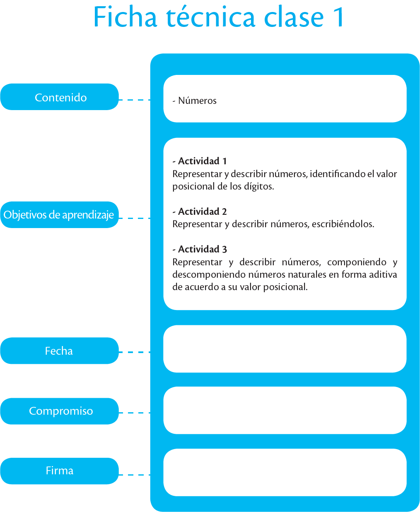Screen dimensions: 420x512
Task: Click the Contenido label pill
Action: [60, 97]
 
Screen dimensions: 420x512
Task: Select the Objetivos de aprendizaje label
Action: [60, 214]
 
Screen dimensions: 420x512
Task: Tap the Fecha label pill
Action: [60, 351]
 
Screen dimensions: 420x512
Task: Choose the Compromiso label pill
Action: [60, 411]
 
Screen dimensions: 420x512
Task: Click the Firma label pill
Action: [60, 471]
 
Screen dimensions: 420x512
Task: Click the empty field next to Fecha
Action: [285, 349]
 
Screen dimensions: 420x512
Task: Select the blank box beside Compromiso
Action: [285, 410]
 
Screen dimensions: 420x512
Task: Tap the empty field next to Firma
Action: [285, 472]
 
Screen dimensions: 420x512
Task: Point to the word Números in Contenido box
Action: [197, 101]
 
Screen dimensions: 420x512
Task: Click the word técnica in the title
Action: [210, 17]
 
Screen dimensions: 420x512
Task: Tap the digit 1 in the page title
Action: [339, 17]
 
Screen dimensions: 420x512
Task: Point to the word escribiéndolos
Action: [343, 224]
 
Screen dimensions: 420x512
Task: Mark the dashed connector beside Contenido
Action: [135, 100]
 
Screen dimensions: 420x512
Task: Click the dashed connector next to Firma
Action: [135, 475]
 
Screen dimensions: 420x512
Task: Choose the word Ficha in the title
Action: [125, 17]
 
